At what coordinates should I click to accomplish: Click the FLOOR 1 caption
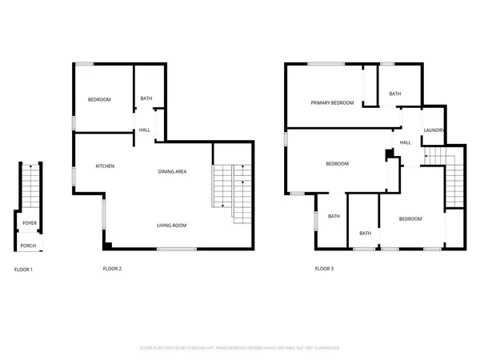tap(23, 269)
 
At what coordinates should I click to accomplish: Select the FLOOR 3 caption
tap(324, 269)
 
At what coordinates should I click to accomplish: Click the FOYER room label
tap(29, 223)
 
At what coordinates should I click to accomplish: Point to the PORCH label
tap(28, 245)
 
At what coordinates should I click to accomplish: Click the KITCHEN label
tap(105, 166)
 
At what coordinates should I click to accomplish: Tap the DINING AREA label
tap(172, 171)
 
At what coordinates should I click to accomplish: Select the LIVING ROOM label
tap(171, 226)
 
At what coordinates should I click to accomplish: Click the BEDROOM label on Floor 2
tap(99, 99)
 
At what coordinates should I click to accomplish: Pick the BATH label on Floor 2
tap(146, 99)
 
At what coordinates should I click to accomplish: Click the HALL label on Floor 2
tap(145, 130)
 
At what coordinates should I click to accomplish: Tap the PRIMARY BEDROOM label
tap(332, 102)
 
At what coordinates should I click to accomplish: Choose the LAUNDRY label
tap(434, 130)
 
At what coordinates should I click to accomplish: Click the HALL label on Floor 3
tap(406, 142)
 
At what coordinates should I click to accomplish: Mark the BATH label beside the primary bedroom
tap(395, 94)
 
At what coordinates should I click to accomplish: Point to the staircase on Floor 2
tap(231, 189)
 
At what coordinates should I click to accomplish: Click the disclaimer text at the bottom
tap(240, 348)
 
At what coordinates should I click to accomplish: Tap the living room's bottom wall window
tap(170, 250)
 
